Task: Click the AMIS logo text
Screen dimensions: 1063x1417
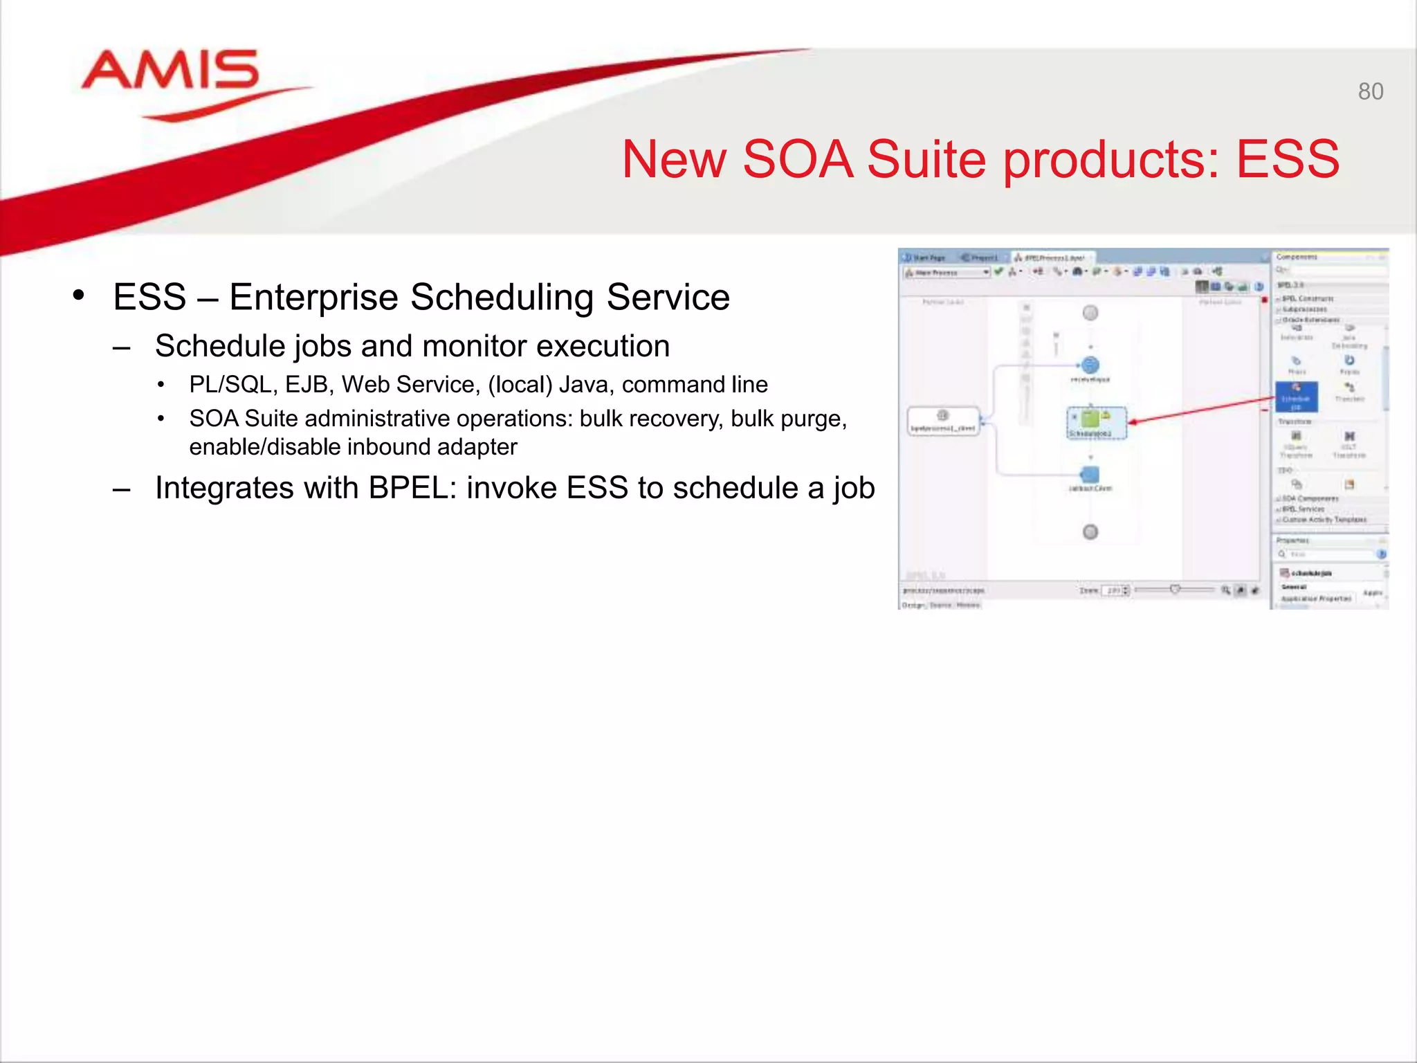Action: pyautogui.click(x=170, y=71)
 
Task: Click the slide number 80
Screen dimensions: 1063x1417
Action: pyautogui.click(x=1370, y=91)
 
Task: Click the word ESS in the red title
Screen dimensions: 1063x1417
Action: pyautogui.click(x=1288, y=159)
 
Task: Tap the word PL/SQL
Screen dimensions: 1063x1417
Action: pyautogui.click(x=230, y=384)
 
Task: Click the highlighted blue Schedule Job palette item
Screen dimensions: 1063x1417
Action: pyautogui.click(x=1296, y=397)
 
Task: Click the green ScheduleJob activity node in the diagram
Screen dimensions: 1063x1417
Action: pyautogui.click(x=1090, y=419)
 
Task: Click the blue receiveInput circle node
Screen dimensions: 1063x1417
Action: pyautogui.click(x=1090, y=365)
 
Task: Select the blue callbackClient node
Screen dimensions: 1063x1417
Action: pyautogui.click(x=1090, y=475)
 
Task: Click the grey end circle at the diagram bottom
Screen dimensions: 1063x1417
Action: pyautogui.click(x=1090, y=531)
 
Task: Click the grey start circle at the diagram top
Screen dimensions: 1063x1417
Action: pyautogui.click(x=1090, y=313)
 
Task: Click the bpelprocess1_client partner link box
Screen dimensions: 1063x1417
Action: pyautogui.click(x=943, y=421)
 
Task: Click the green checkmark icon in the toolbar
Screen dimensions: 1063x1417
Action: pyautogui.click(x=998, y=272)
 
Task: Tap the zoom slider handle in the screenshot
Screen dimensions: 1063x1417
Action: pyautogui.click(x=1175, y=590)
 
